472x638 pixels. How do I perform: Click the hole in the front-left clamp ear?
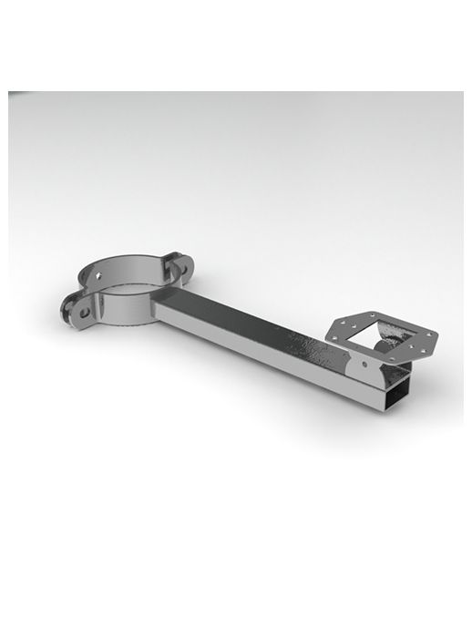[79, 310]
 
